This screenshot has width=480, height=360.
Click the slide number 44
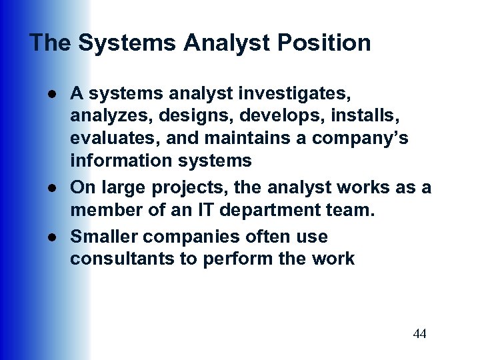(x=419, y=333)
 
